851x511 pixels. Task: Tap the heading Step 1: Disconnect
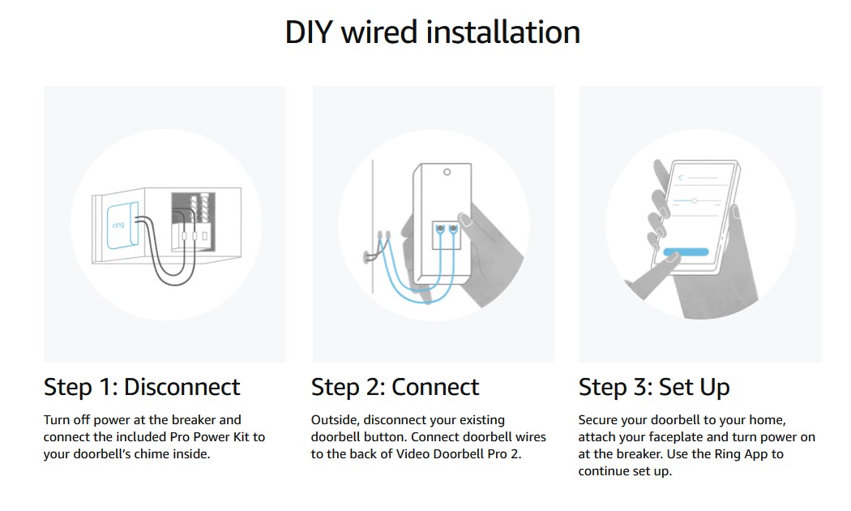[142, 387]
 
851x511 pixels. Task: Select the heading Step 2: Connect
[395, 387]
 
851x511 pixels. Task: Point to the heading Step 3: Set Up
[654, 387]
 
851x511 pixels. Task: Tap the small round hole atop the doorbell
[446, 172]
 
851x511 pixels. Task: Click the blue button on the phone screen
[686, 252]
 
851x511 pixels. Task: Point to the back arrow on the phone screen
[681, 176]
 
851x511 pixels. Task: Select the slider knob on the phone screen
[694, 200]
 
